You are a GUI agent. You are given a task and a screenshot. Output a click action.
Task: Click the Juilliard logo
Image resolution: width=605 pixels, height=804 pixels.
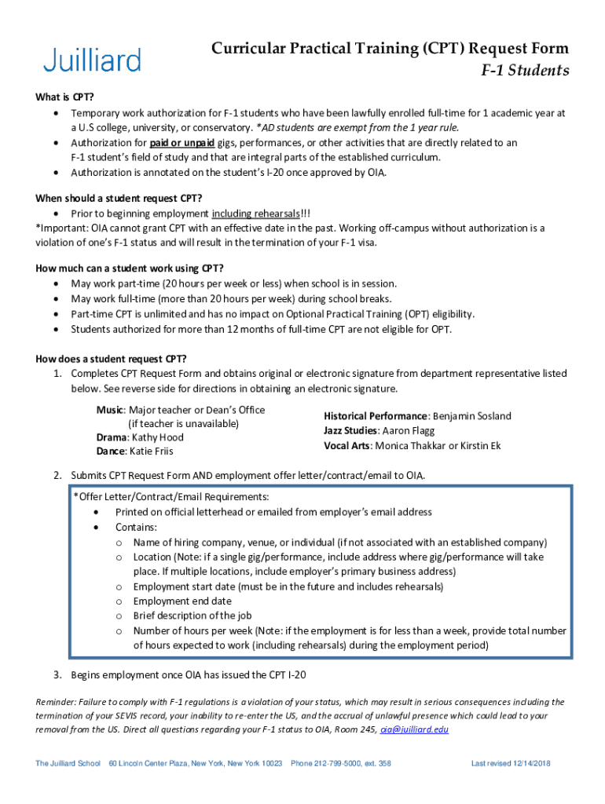pyautogui.click(x=92, y=60)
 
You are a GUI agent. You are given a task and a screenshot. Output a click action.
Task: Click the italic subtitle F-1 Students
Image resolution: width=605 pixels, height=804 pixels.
pyautogui.click(x=525, y=71)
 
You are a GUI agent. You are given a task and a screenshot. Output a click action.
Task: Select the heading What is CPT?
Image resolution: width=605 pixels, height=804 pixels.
pyautogui.click(x=64, y=97)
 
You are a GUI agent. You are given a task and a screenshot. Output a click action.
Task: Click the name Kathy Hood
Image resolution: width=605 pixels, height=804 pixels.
pyautogui.click(x=157, y=437)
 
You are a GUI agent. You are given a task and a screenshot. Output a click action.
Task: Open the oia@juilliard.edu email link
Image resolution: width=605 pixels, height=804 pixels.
pyautogui.click(x=414, y=729)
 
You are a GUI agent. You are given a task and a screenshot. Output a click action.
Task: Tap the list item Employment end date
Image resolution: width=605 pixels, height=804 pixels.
pyautogui.click(x=182, y=601)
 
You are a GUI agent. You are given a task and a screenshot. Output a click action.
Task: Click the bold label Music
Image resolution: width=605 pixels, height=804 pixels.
pyautogui.click(x=110, y=410)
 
